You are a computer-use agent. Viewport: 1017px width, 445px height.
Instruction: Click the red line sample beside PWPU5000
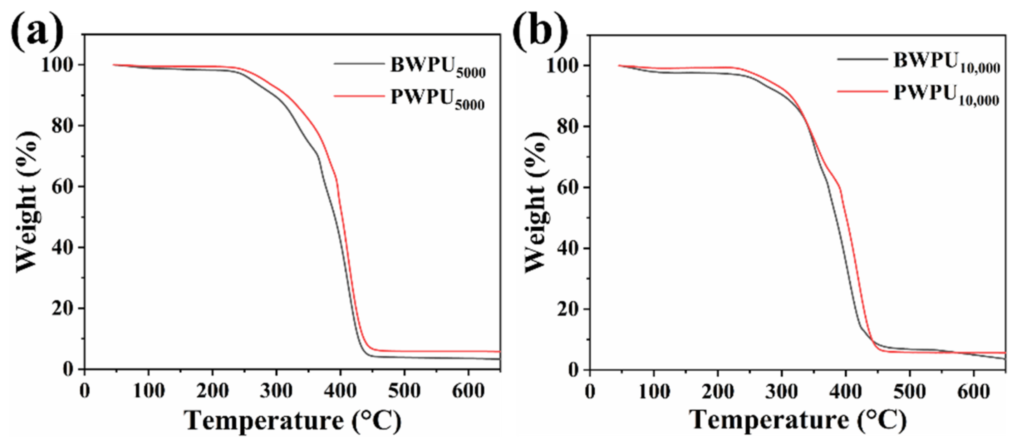click(358, 96)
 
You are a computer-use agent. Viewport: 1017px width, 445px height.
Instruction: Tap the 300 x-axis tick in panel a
click(276, 391)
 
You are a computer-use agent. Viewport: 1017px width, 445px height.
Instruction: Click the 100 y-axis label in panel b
click(562, 65)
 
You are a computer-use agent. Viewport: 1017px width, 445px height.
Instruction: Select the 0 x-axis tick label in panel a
click(84, 391)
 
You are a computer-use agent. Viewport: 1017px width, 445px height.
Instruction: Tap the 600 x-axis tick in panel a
click(468, 391)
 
